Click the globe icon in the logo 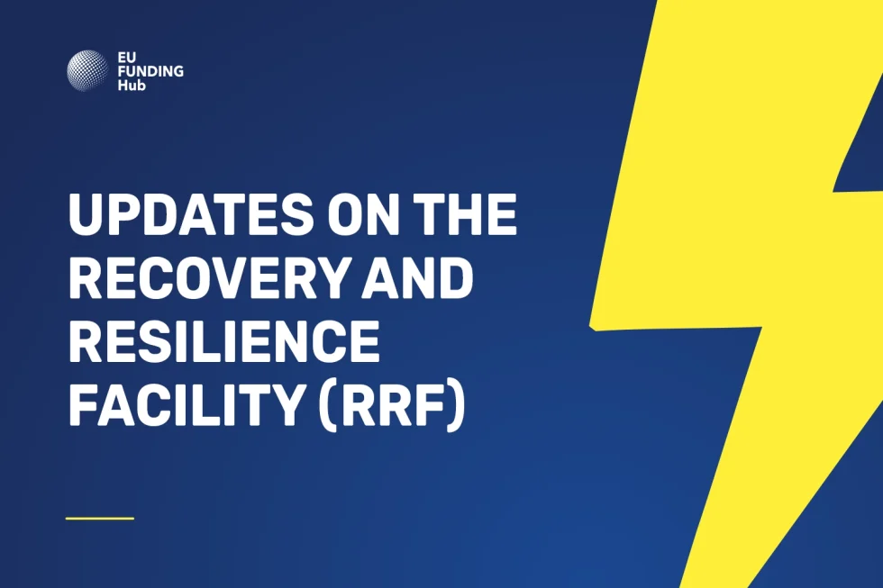[x=87, y=71]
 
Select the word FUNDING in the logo [x=151, y=71]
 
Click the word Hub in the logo [x=132, y=85]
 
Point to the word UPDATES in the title [x=191, y=214]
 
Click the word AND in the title [x=417, y=278]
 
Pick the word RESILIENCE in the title [x=224, y=341]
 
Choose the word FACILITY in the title [x=186, y=405]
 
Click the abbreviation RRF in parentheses [x=391, y=405]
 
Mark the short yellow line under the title [x=100, y=519]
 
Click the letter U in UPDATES [x=86, y=214]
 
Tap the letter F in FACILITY [x=83, y=405]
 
